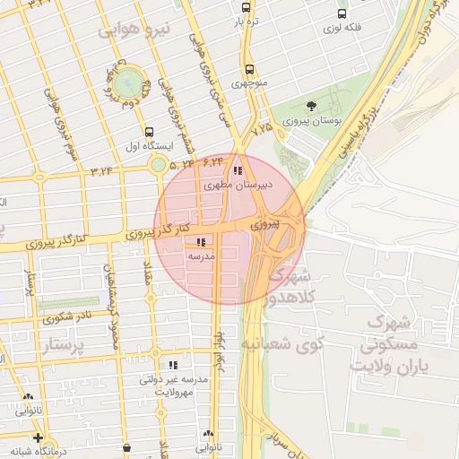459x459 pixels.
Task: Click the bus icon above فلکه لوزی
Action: point(342,13)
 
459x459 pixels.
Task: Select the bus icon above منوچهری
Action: point(248,69)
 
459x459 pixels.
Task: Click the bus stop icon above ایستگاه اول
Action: point(148,131)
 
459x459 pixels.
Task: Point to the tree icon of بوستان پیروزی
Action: point(311,107)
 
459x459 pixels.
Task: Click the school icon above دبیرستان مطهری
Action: point(237,170)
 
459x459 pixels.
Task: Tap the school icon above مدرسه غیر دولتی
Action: point(173,366)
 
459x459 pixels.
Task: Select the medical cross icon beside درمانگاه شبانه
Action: point(37,437)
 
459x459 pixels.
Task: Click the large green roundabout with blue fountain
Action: point(129,82)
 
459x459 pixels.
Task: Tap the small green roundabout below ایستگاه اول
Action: point(159,164)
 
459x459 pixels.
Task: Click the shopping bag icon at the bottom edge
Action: point(126,446)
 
